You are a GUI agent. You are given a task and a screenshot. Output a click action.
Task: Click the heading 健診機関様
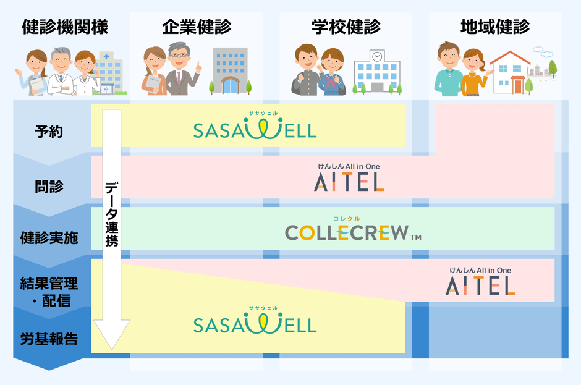(x=65, y=27)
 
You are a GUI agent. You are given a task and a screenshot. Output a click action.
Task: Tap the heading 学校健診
(x=346, y=27)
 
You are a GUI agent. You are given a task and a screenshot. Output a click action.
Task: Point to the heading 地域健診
(x=495, y=27)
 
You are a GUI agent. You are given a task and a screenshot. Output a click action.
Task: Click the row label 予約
(x=49, y=132)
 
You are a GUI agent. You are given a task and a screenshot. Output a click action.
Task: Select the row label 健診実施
(x=49, y=238)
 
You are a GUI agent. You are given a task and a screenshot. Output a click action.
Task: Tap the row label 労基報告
(x=49, y=339)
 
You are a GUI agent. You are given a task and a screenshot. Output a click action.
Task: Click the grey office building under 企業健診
(x=230, y=70)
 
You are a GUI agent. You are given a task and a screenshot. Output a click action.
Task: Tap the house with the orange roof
(x=511, y=72)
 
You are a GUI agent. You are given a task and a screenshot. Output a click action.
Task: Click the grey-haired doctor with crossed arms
(x=60, y=73)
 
